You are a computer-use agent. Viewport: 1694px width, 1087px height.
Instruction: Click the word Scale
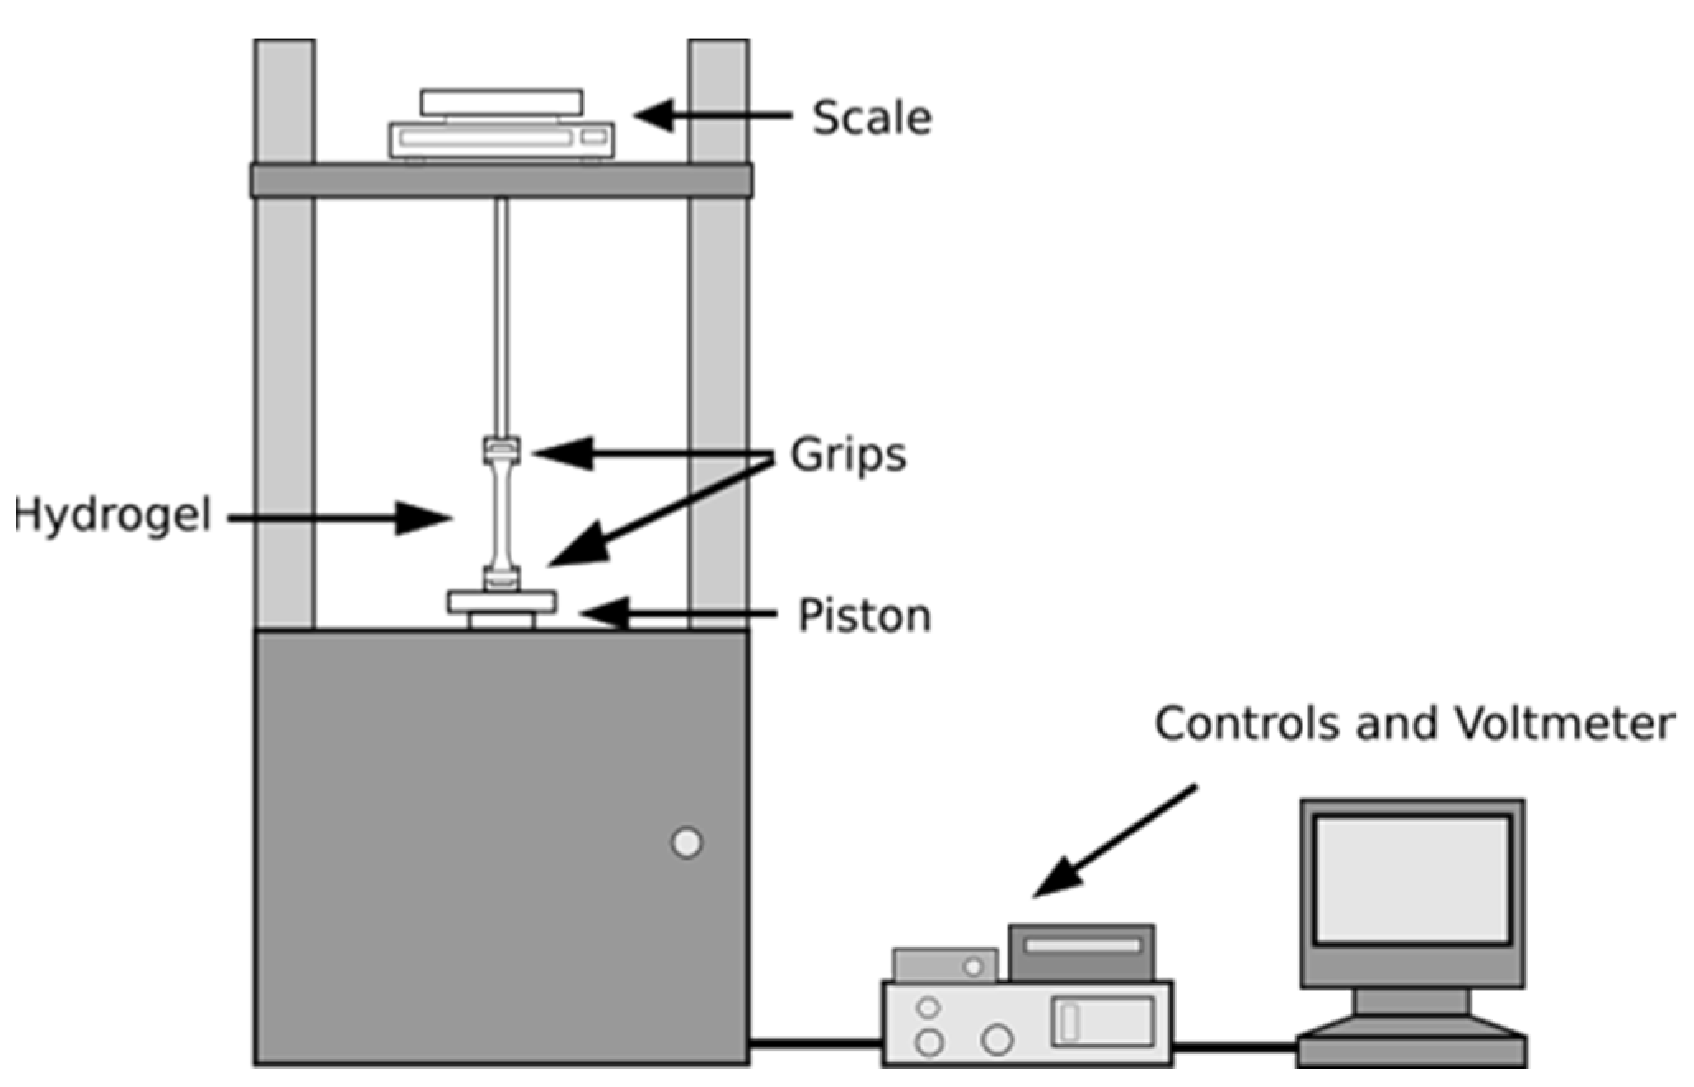pyautogui.click(x=872, y=118)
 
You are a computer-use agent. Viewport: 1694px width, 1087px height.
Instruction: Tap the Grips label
pyautogui.click(x=848, y=455)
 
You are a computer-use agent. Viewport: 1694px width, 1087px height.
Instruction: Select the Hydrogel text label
pyautogui.click(x=114, y=516)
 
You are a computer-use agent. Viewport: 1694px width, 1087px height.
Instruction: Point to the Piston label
pyautogui.click(x=864, y=616)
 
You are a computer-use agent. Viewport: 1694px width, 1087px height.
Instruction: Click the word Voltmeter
pyautogui.click(x=1564, y=724)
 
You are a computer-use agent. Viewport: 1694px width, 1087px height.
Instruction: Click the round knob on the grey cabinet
pyautogui.click(x=686, y=843)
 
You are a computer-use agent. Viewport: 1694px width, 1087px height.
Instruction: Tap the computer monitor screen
pyautogui.click(x=1411, y=879)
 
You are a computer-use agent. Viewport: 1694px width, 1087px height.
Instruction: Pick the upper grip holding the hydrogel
pyautogui.click(x=501, y=450)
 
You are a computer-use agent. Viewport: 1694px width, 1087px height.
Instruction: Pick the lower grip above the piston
pyautogui.click(x=501, y=579)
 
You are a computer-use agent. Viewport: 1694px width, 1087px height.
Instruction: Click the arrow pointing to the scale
pyautogui.click(x=713, y=115)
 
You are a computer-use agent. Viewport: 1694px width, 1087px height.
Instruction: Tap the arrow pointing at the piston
pyautogui.click(x=676, y=614)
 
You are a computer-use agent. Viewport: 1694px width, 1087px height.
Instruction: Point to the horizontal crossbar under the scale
pyautogui.click(x=501, y=180)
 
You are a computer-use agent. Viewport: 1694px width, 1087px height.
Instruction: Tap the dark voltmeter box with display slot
pyautogui.click(x=1081, y=953)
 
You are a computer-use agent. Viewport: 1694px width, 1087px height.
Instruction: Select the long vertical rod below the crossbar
pyautogui.click(x=501, y=313)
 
